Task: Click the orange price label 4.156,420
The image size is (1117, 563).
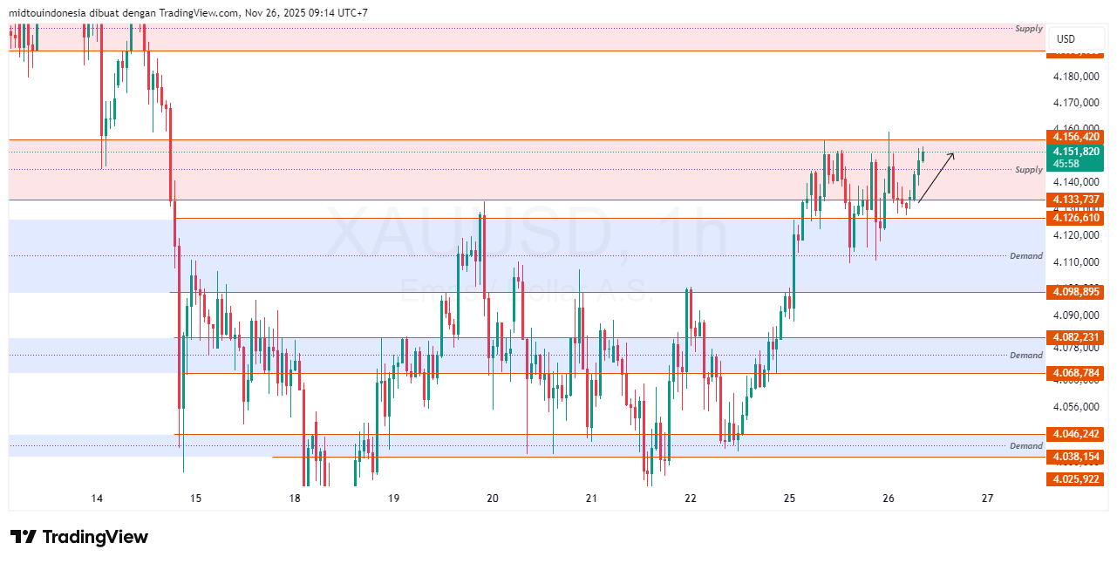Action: (x=1077, y=137)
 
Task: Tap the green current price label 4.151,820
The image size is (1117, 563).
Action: (x=1077, y=151)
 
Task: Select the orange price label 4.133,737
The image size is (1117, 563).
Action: (x=1077, y=200)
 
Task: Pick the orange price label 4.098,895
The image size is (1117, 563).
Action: (x=1077, y=292)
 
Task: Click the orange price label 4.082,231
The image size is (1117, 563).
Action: (x=1077, y=337)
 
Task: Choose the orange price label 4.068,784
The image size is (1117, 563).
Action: (x=1077, y=373)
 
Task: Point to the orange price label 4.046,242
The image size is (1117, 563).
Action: (x=1077, y=434)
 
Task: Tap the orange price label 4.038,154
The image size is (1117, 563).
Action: (x=1077, y=457)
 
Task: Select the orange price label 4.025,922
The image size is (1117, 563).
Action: (x=1077, y=479)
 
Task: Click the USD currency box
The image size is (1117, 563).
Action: (x=1066, y=39)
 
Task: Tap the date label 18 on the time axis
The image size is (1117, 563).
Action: (x=295, y=499)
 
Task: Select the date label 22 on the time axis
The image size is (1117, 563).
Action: (x=691, y=499)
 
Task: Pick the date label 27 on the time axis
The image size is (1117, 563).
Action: (x=987, y=499)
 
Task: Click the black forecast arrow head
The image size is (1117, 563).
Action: (x=952, y=155)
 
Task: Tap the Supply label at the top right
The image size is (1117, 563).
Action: (x=1029, y=29)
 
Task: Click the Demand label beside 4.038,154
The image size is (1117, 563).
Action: (x=1026, y=446)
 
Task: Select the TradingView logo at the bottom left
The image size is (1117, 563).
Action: (x=79, y=537)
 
